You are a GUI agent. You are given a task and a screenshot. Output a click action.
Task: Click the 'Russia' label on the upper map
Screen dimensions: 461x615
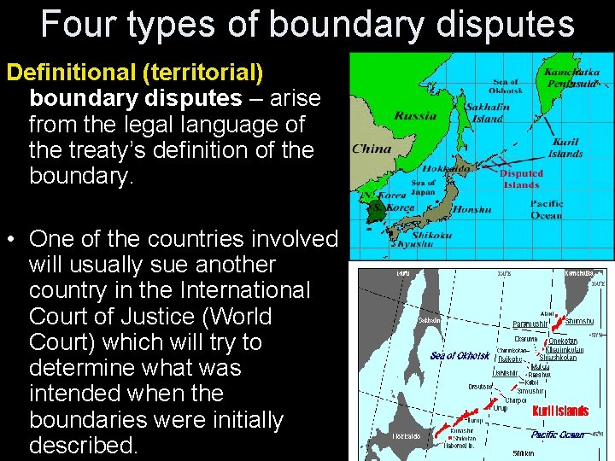pos(416,115)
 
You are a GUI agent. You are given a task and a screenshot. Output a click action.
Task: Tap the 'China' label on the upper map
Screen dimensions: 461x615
pos(372,149)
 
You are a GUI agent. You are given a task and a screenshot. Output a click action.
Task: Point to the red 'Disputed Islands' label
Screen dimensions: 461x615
pos(521,178)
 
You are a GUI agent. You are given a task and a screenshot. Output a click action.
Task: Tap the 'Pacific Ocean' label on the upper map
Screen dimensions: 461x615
pos(547,209)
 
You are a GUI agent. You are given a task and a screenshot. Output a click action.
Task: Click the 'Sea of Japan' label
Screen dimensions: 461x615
pos(424,188)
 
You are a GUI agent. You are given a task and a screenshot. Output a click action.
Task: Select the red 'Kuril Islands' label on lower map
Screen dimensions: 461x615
pos(560,411)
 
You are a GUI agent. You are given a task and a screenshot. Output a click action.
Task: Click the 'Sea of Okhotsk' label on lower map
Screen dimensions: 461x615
pos(460,355)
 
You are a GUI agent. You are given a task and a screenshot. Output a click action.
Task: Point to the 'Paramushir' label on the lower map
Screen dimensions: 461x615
pos(531,324)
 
